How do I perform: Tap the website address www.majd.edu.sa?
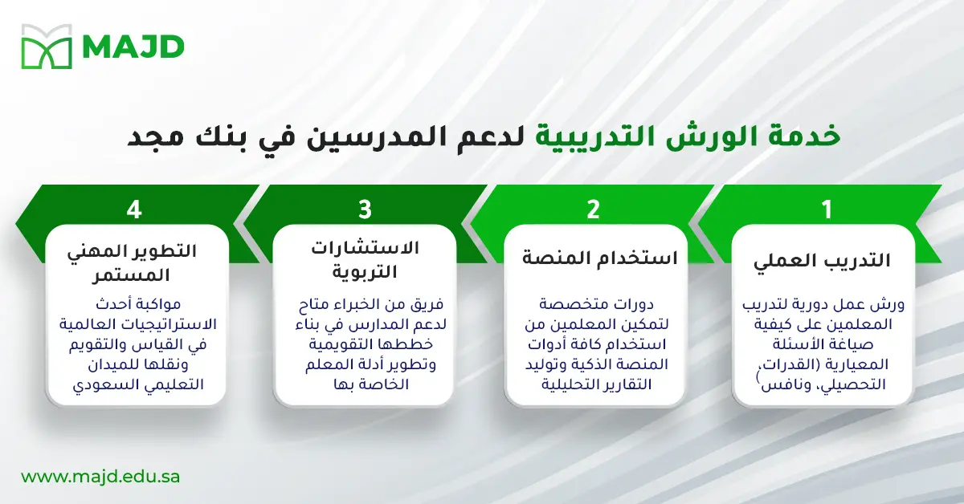(x=100, y=476)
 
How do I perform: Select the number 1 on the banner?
(x=825, y=210)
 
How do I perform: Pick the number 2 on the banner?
(x=594, y=210)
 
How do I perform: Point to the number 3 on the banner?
(x=365, y=210)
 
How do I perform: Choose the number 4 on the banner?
(x=134, y=210)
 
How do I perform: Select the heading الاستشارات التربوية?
(x=366, y=259)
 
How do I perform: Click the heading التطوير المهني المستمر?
(x=134, y=262)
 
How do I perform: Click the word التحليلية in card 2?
(x=571, y=384)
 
